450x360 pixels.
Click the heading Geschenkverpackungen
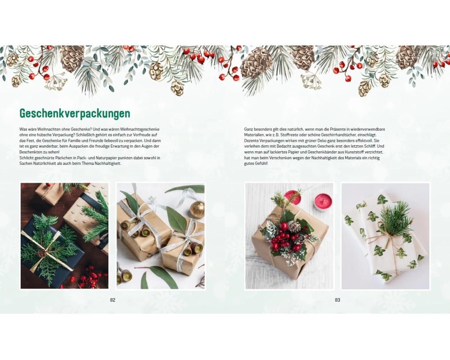(x=75, y=114)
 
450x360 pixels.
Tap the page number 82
(x=112, y=300)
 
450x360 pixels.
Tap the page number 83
(x=337, y=300)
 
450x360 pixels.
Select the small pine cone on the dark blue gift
(x=42, y=253)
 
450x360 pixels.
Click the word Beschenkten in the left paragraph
(x=31, y=152)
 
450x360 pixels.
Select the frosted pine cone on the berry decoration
(x=294, y=226)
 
